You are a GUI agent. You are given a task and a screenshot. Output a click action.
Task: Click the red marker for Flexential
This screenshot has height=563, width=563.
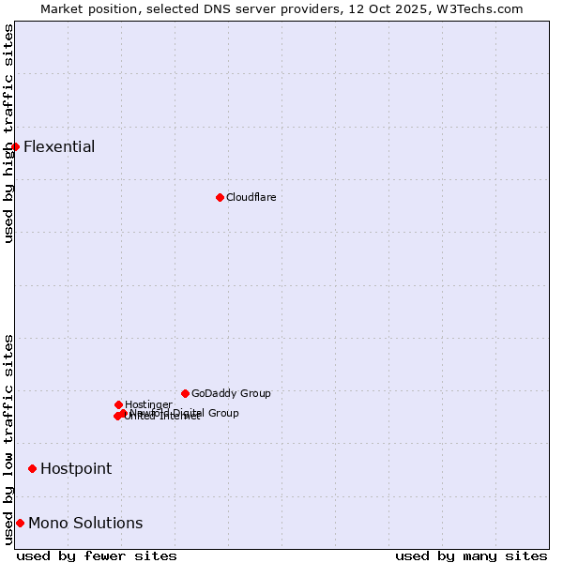coord(15,146)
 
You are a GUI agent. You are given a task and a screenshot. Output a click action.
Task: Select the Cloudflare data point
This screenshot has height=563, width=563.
coord(220,197)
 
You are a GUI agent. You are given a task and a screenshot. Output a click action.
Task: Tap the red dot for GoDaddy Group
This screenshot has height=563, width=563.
coord(185,393)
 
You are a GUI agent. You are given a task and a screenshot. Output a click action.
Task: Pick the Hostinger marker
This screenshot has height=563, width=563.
coord(118,404)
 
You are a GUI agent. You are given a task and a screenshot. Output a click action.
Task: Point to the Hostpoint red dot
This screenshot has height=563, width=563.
coord(32,468)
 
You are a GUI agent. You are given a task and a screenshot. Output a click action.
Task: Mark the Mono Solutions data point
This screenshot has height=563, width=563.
coord(20,523)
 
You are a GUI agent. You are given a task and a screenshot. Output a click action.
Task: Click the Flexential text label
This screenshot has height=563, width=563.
coord(59,146)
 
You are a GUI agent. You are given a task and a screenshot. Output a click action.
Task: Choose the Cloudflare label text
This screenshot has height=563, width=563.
coord(251,197)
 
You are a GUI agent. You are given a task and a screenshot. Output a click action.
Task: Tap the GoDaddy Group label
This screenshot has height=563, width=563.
coord(231,393)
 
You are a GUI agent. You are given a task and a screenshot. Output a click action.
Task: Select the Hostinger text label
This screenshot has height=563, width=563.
coord(148,404)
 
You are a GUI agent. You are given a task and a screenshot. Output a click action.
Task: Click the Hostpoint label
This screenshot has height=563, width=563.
coord(76,468)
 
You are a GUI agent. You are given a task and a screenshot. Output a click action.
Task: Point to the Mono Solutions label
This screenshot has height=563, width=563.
coord(85,523)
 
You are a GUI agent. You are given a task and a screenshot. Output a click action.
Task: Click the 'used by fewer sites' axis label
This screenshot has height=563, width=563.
coord(97,555)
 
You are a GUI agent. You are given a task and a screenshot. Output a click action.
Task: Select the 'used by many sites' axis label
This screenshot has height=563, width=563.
coord(471,555)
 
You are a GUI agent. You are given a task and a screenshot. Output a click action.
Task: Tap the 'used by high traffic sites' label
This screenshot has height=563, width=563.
coord(9,133)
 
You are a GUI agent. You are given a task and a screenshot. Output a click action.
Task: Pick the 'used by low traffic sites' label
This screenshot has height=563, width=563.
coord(9,438)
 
